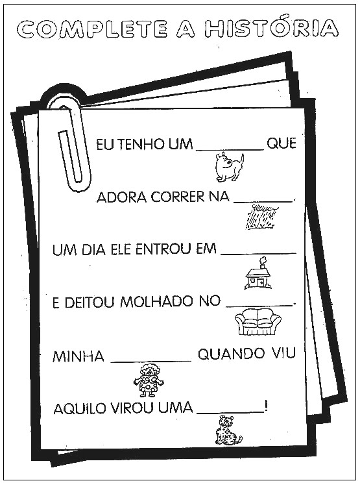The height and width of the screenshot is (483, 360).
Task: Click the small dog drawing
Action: (229, 167)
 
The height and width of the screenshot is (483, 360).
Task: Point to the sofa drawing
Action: (258, 322)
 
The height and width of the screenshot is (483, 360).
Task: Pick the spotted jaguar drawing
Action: (228, 430)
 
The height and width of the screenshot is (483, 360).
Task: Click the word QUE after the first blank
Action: (282, 143)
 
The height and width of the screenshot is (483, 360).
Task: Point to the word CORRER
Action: (177, 197)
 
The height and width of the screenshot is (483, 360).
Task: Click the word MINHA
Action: (78, 356)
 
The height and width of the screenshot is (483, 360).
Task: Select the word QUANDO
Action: (231, 354)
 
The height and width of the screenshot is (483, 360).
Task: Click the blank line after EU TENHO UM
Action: (230, 150)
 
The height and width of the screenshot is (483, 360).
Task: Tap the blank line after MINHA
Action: (151, 361)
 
